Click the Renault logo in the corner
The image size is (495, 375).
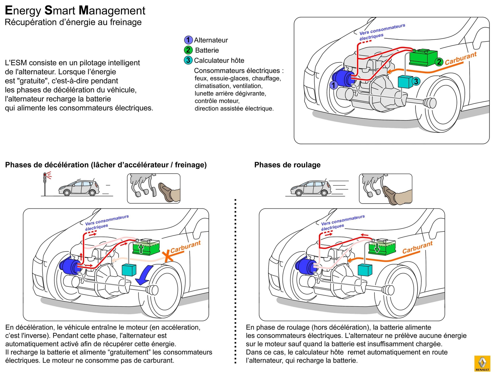point(482,363)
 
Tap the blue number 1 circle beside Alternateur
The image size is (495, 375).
point(188,40)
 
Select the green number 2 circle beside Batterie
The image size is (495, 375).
point(188,50)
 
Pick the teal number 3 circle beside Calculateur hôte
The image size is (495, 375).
point(188,60)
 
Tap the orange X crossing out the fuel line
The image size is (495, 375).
point(167,256)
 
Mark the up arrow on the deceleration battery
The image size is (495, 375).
point(141,248)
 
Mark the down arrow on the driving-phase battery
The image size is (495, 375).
point(377,248)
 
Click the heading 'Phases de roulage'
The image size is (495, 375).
point(287,165)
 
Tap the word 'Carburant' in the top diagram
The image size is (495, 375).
point(461,58)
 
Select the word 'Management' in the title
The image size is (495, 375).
point(112,11)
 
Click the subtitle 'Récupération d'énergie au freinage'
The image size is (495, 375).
point(73,22)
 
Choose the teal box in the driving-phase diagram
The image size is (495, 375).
point(365,269)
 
